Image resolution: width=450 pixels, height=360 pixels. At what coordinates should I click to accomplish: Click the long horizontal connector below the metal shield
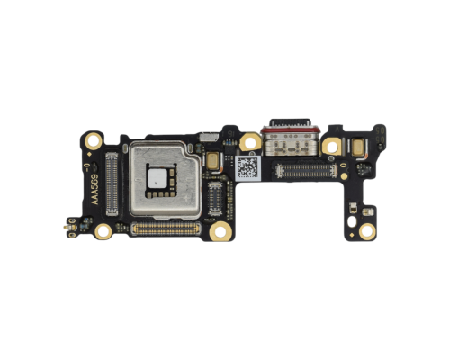click(x=170, y=229)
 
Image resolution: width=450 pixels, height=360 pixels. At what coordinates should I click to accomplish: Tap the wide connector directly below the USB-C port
click(x=304, y=170)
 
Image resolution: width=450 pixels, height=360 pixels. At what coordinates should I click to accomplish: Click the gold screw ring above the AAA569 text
click(x=94, y=142)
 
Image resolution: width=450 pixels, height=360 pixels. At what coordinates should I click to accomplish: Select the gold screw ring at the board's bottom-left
click(x=104, y=231)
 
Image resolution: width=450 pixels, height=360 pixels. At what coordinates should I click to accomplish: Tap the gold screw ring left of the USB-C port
click(x=248, y=142)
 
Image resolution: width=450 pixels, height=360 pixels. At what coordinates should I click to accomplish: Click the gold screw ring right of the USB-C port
click(x=332, y=144)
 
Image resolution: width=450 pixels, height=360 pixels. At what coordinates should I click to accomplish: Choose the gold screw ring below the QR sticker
click(x=219, y=230)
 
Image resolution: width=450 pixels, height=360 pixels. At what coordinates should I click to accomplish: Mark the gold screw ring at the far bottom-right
click(x=366, y=231)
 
